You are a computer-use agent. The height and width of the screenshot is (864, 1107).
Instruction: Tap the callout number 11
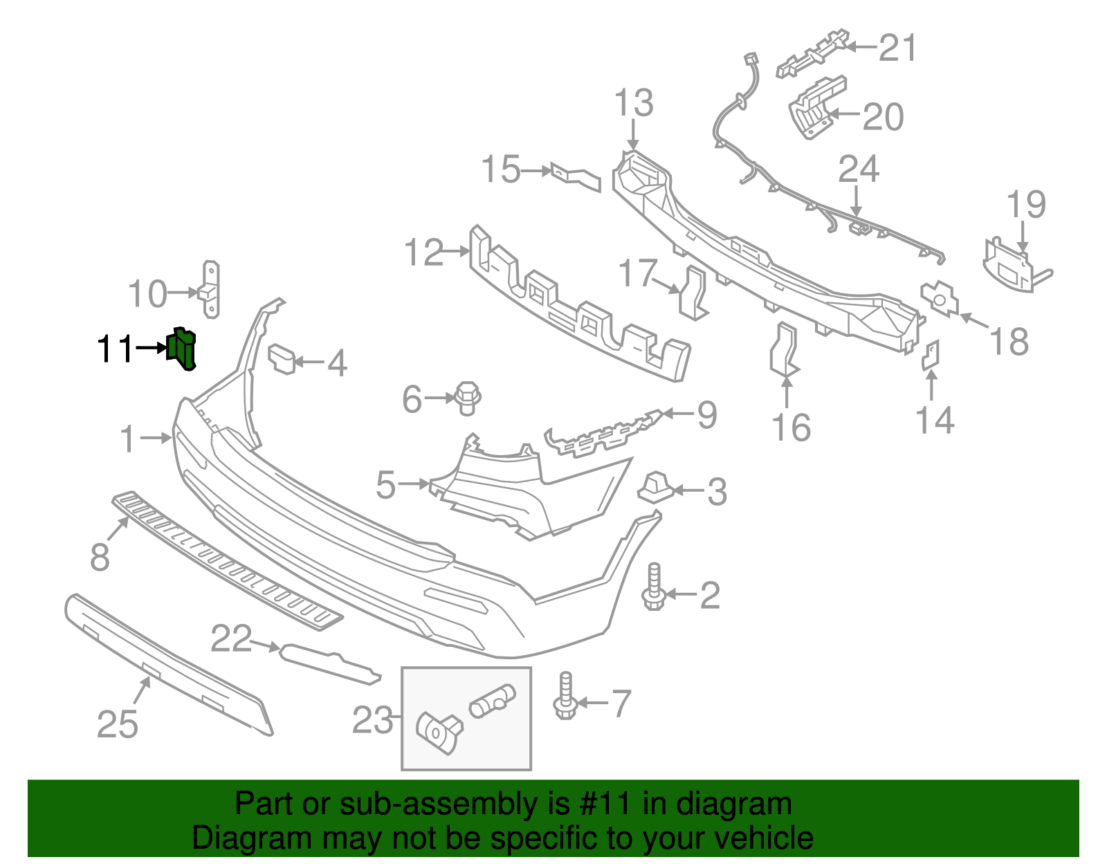[114, 349]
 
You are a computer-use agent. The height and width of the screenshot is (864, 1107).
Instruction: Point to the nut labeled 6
[467, 398]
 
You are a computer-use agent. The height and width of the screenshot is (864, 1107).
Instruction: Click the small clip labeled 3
[655, 487]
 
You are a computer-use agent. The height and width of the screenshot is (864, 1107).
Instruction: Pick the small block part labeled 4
[282, 358]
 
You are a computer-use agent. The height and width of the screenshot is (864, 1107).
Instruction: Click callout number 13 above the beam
[633, 104]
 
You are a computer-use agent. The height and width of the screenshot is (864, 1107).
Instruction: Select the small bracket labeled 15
[576, 176]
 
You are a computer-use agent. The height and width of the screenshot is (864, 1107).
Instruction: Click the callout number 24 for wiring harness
[858, 169]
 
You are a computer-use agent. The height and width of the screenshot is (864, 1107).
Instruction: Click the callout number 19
[1025, 205]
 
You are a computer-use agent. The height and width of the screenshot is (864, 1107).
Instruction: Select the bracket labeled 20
[815, 107]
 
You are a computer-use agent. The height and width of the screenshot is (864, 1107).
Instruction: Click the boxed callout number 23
[372, 721]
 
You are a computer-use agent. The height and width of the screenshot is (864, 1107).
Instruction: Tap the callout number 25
[118, 725]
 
